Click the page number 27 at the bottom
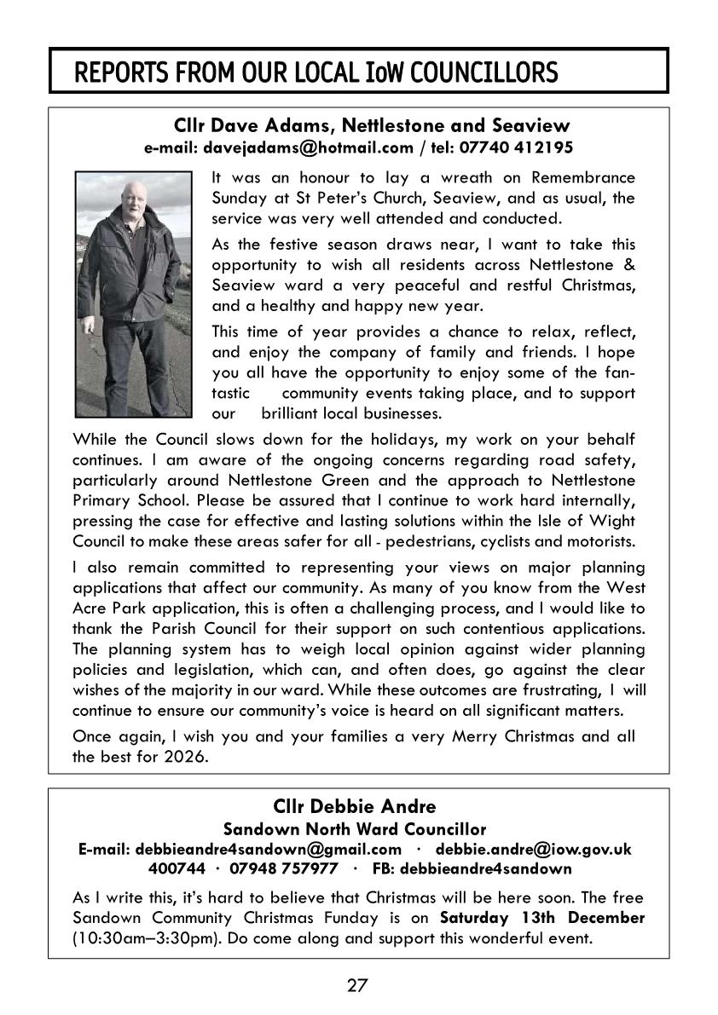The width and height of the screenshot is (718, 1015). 357,986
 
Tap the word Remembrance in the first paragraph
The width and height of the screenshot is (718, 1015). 582,177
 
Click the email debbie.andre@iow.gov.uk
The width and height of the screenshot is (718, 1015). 533,849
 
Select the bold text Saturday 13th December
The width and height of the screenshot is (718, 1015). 542,919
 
